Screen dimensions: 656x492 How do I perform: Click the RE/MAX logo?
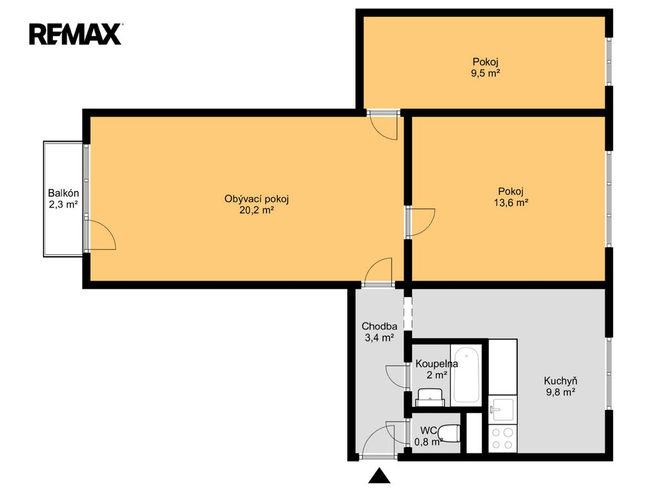click(76, 34)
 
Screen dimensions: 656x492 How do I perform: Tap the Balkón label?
click(63, 193)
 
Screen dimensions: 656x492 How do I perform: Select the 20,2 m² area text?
click(256, 210)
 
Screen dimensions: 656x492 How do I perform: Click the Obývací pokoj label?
click(256, 199)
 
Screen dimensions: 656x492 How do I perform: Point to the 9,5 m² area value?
click(486, 73)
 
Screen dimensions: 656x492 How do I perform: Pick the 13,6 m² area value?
click(511, 203)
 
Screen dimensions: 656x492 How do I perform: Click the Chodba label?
click(379, 326)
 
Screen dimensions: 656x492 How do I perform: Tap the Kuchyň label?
click(561, 381)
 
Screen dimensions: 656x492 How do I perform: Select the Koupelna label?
click(437, 364)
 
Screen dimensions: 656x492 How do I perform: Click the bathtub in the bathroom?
click(466, 375)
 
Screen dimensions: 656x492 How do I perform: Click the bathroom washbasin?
click(430, 397)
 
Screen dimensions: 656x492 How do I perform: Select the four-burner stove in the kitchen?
click(502, 438)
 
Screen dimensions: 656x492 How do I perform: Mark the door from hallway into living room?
click(378, 272)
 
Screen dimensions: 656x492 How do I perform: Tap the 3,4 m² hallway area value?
click(379, 338)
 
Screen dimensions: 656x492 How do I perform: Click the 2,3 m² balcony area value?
click(63, 204)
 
